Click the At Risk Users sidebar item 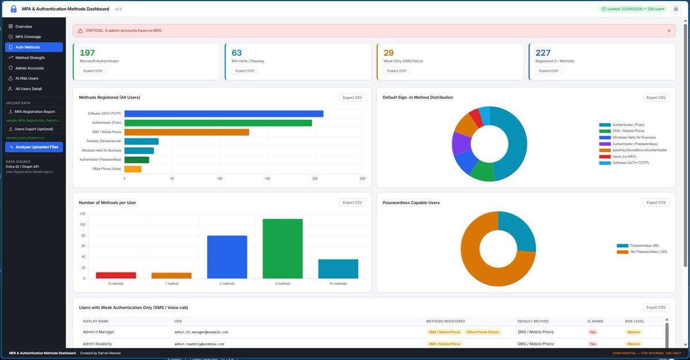click(26, 78)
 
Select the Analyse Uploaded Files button click(34, 147)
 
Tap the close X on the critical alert click(669, 30)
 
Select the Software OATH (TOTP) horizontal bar click(224, 114)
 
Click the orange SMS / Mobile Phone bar click(186, 132)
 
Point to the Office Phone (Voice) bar click(133, 169)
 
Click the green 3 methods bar click(282, 248)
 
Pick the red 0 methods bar click(116, 275)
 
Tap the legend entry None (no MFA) click(623, 156)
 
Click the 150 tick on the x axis click(267, 179)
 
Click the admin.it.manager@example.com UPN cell click(201, 332)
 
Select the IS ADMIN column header click(595, 321)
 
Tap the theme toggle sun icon click(676, 9)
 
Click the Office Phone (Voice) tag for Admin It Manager click(482, 332)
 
